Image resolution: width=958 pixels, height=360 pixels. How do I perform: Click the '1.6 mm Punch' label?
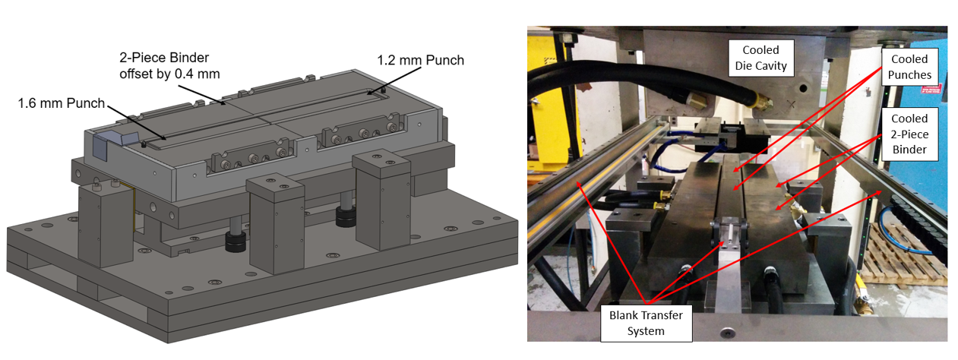(x=62, y=103)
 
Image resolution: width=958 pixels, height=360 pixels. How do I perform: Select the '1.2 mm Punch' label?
(x=420, y=60)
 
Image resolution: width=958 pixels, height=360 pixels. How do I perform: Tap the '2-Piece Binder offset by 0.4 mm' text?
(x=169, y=66)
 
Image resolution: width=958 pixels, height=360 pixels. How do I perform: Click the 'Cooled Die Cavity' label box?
(x=760, y=58)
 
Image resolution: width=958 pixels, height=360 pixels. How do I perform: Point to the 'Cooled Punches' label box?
(x=909, y=67)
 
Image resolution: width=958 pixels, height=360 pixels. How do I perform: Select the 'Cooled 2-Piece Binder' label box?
(x=909, y=134)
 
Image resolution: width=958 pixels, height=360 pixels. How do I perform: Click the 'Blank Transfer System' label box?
(x=646, y=324)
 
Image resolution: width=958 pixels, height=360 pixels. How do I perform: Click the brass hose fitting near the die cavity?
(x=760, y=103)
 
